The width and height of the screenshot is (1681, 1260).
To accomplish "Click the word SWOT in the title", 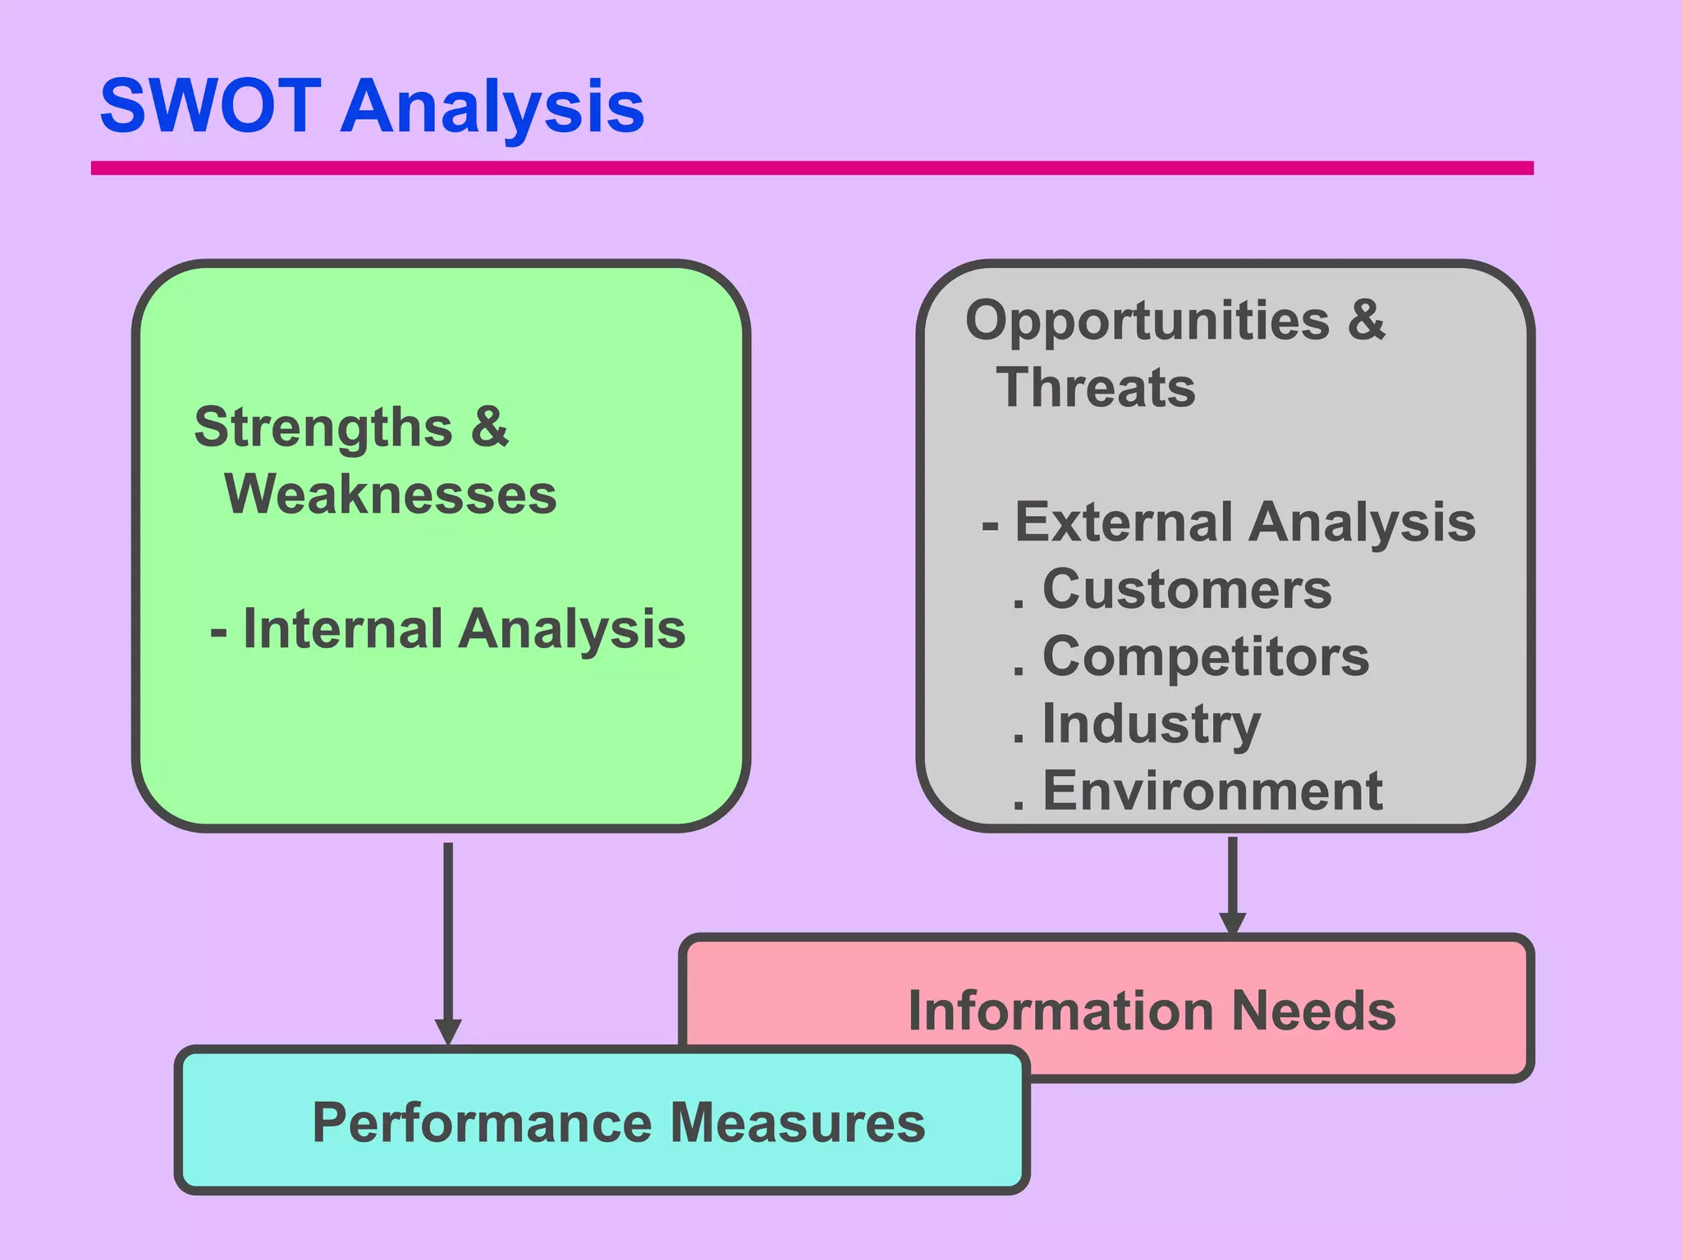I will tap(210, 107).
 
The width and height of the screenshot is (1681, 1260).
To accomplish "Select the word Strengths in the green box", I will tap(323, 428).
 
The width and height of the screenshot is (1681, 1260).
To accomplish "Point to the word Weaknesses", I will tap(391, 495).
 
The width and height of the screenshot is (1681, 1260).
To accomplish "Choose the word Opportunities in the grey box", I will tap(1147, 321).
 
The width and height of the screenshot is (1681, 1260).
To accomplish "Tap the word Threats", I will tap(1096, 388).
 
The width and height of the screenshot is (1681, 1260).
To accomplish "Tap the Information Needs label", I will tap(1152, 1011).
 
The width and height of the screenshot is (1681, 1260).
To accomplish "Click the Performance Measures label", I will tap(619, 1123).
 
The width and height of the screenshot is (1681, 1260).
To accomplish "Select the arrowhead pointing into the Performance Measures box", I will tap(448, 1032).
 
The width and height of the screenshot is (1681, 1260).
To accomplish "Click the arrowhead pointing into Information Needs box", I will tap(1232, 924).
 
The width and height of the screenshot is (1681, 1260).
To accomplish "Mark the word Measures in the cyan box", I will tap(798, 1123).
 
